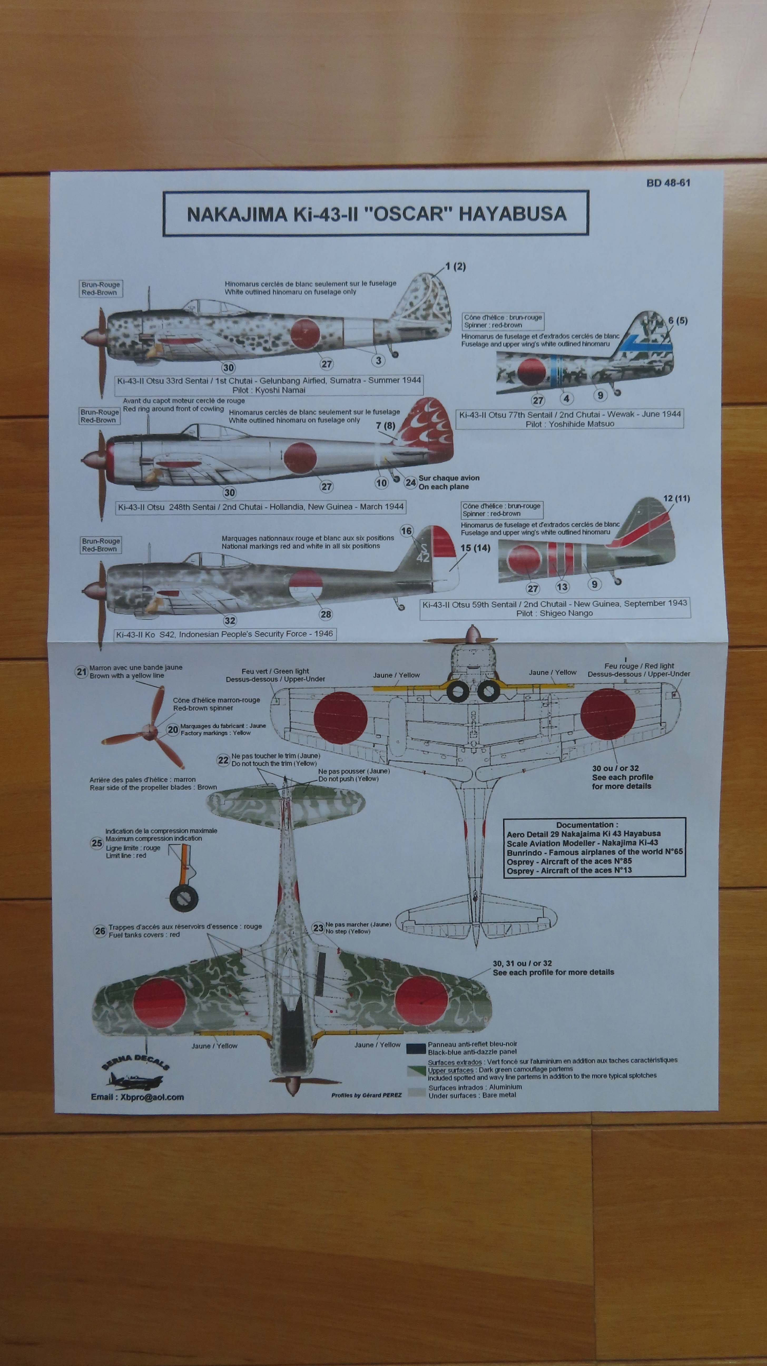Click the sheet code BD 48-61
668,183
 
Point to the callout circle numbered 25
96,843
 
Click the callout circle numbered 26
100,931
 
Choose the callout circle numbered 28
326,614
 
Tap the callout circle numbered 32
229,621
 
